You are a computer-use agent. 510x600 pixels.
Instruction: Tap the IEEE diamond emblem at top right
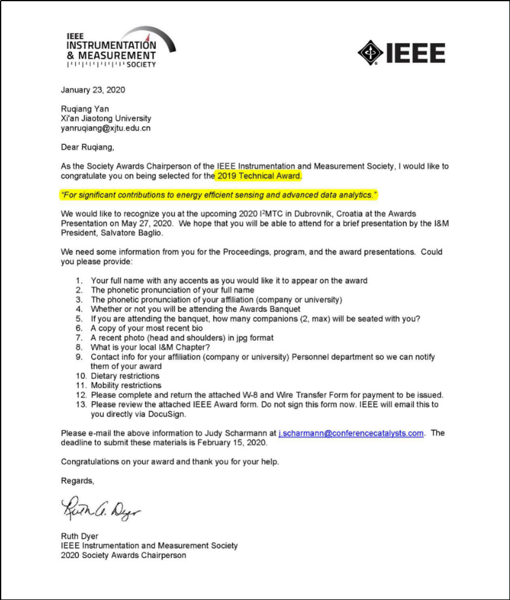click(370, 53)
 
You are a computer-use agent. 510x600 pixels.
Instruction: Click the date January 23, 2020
click(93, 90)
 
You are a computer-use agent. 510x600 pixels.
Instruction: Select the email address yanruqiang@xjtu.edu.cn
click(106, 128)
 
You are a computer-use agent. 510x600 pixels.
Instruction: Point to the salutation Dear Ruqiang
click(87, 147)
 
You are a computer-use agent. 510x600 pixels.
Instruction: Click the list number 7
click(79, 338)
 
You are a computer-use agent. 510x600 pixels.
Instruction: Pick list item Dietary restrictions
click(125, 376)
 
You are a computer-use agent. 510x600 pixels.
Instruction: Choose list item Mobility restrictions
click(126, 386)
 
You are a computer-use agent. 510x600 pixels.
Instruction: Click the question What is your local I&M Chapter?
click(147, 347)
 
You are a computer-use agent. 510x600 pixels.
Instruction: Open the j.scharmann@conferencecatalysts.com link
click(351, 433)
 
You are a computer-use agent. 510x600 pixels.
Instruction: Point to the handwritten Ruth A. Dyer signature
click(101, 505)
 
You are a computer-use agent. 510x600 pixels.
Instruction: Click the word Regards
click(78, 481)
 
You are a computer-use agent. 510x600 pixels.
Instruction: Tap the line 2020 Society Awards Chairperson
click(124, 555)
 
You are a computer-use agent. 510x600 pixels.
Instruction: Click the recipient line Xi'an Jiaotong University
click(106, 119)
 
